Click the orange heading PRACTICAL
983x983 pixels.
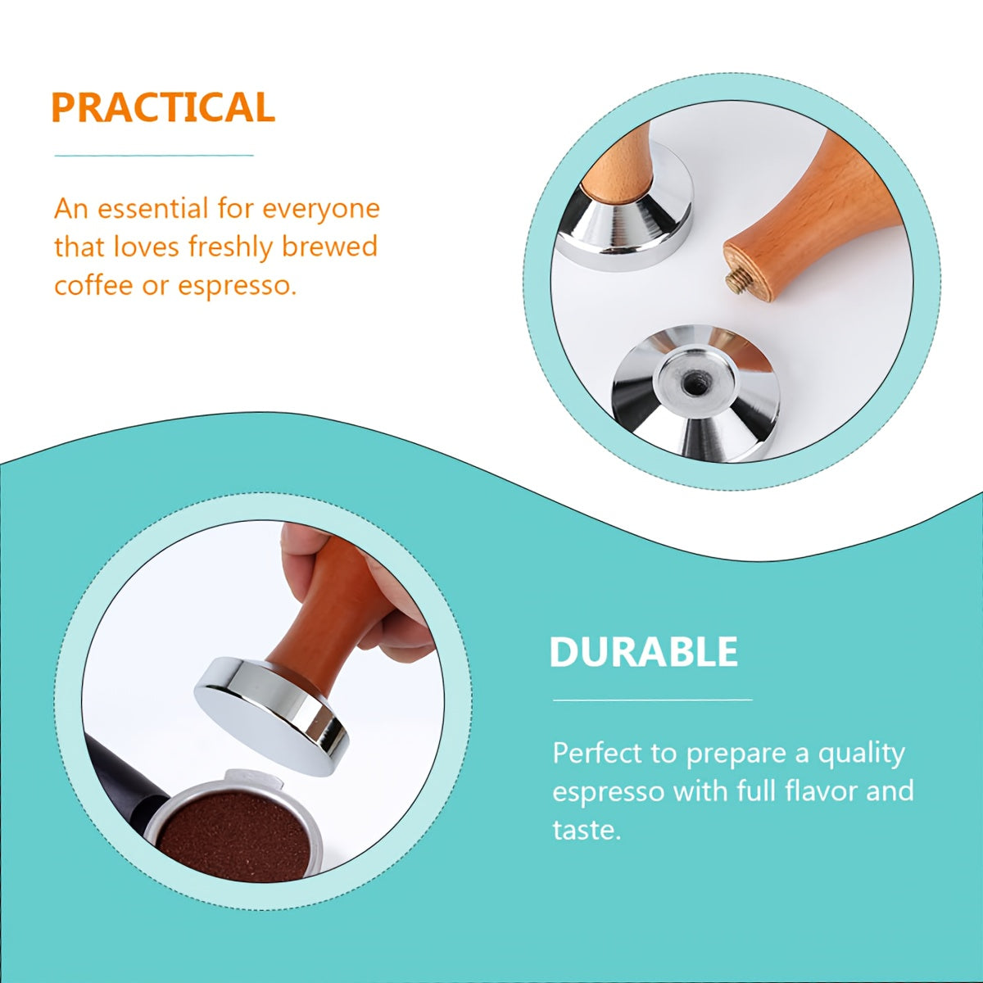tap(162, 108)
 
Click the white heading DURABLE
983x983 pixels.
tap(643, 652)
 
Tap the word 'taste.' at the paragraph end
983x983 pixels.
tap(587, 830)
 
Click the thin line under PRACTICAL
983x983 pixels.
tap(154, 155)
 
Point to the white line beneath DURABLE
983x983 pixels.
tap(652, 700)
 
